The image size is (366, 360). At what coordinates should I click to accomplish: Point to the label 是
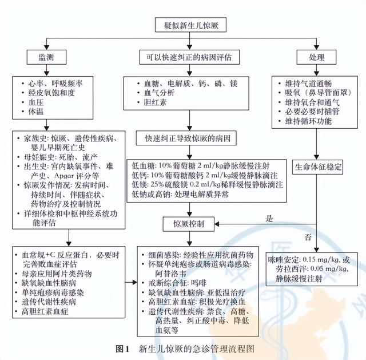[269, 217]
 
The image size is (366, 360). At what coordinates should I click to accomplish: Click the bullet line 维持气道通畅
[305, 82]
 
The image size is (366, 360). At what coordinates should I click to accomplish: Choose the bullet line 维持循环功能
[305, 121]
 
